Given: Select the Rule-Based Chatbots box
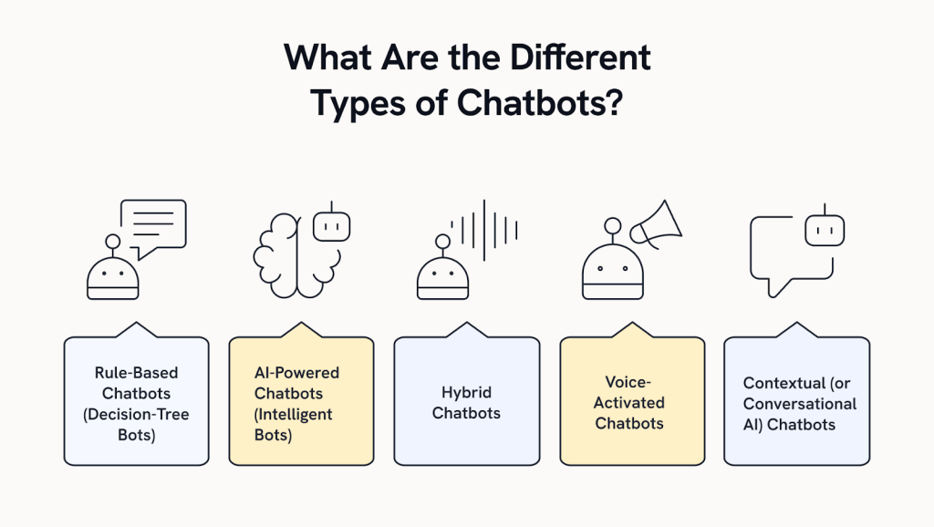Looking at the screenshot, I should (136, 401).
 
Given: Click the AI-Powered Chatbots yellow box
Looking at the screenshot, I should (301, 401).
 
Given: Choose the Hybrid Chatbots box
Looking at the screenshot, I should (466, 401).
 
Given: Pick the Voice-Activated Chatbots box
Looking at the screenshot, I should (631, 401).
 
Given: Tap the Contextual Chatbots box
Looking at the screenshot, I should (796, 401).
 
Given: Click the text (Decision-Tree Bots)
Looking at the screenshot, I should (136, 424).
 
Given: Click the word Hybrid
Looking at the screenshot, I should (466, 392).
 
